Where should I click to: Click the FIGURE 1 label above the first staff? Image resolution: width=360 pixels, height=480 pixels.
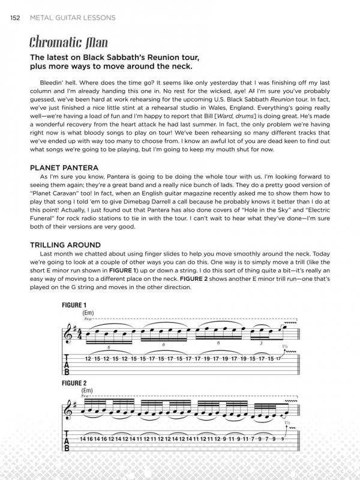pyautogui.click(x=74, y=305)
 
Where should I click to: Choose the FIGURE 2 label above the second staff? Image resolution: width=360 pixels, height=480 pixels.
pyautogui.click(x=74, y=382)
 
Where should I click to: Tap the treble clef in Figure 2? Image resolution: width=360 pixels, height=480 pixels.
pyautogui.click(x=68, y=410)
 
